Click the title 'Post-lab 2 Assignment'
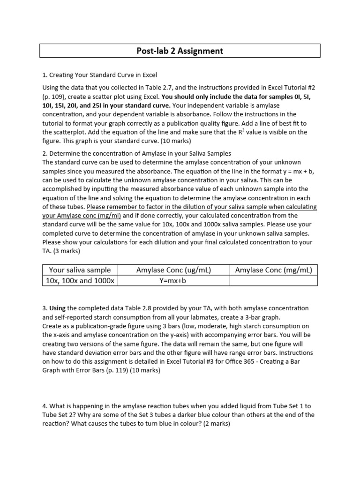(180, 51)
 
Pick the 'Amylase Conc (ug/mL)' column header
(173, 270)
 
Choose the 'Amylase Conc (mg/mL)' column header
(273, 270)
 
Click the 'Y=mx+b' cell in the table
(173, 280)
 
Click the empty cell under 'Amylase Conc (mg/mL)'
(273, 280)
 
